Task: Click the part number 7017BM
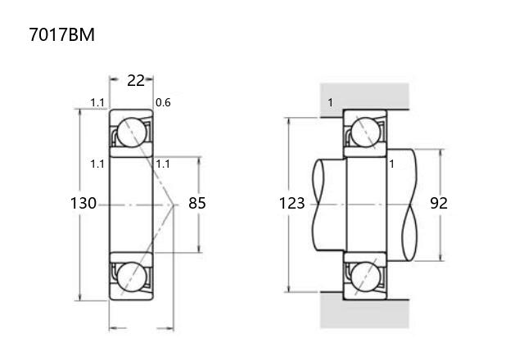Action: (62, 34)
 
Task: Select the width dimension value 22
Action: (136, 80)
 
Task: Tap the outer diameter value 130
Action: (84, 203)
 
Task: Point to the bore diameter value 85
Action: (197, 203)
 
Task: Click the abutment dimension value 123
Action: (291, 203)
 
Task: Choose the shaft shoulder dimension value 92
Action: (439, 203)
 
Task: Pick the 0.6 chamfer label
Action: (163, 102)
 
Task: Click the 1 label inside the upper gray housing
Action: (331, 102)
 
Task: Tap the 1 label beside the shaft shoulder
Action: (391, 164)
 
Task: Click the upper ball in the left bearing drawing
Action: (132, 133)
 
